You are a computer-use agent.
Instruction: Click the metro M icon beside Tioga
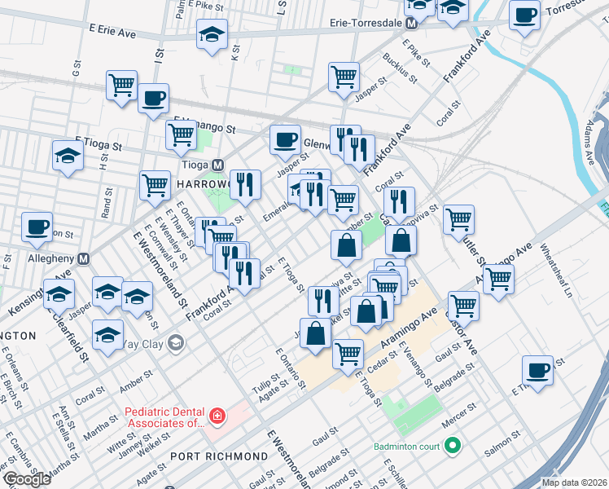[x=217, y=165]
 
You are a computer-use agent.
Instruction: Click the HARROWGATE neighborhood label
[x=204, y=185]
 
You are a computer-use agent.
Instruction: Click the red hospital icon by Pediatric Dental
[x=217, y=418]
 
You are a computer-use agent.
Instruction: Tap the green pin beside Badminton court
[x=453, y=446]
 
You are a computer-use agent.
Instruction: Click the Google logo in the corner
[x=26, y=479]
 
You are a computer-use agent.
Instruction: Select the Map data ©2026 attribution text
[x=573, y=482]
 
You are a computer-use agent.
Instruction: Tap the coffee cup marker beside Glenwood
[x=284, y=139]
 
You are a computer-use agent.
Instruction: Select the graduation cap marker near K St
[x=212, y=34]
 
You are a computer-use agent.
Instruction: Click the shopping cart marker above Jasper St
[x=344, y=77]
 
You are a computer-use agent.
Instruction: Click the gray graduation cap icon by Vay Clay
[x=175, y=342]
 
